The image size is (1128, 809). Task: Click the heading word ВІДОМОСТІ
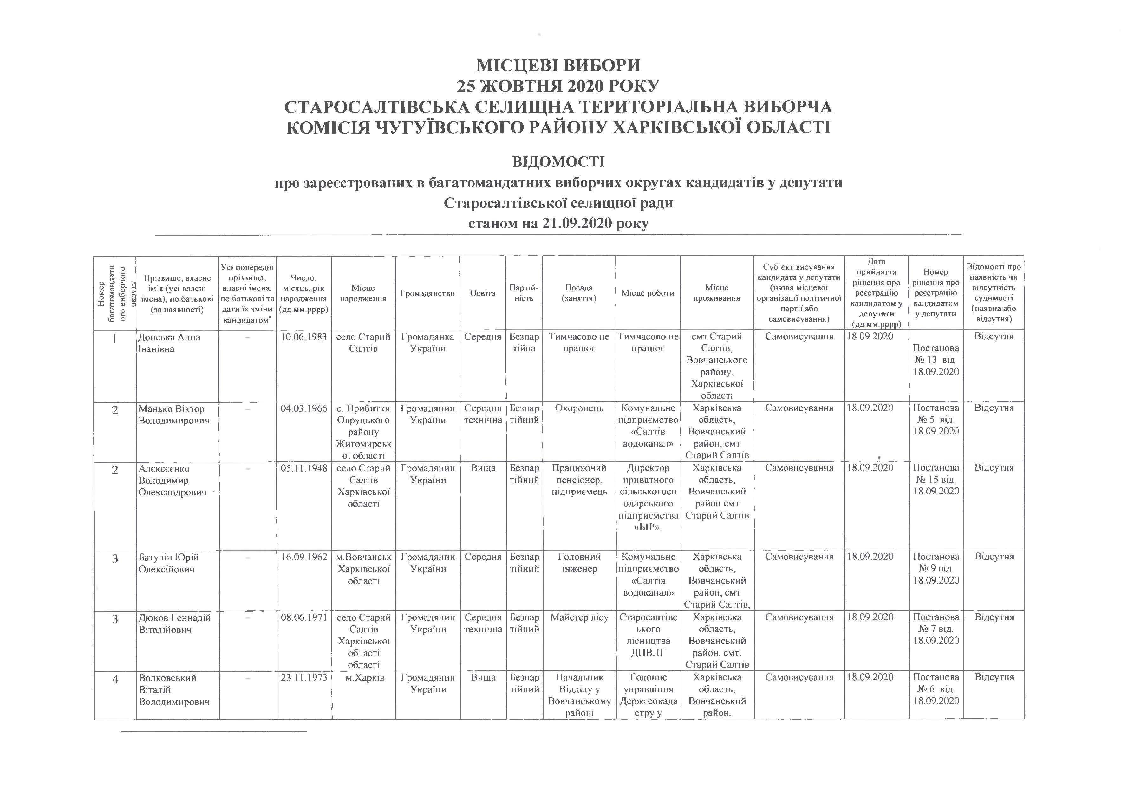[558, 162]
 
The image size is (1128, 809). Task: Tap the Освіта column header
[482, 293]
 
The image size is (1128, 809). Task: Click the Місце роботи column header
[648, 293]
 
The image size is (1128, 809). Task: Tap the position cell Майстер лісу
[579, 617]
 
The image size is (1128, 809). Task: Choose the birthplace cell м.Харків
[363, 678]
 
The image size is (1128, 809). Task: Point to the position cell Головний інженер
[579, 563]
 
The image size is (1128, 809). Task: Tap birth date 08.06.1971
[304, 617]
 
